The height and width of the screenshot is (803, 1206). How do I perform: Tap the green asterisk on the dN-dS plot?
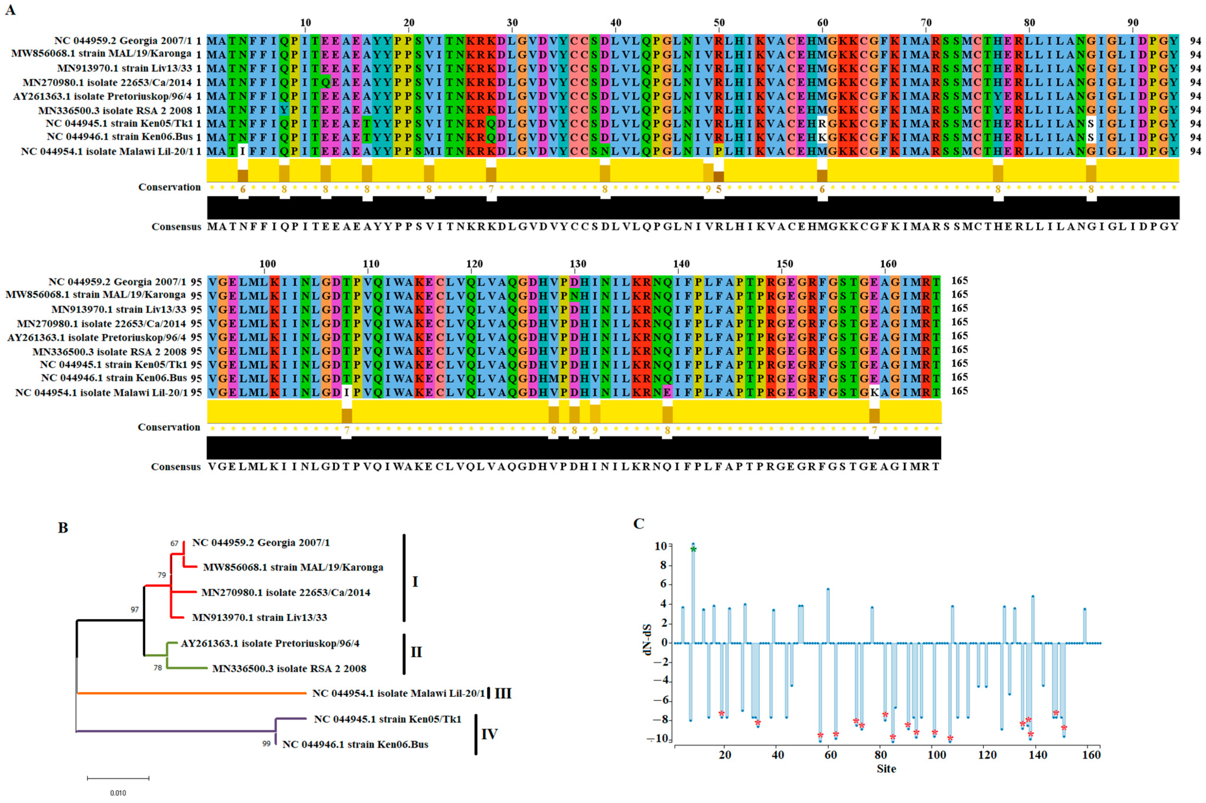point(693,550)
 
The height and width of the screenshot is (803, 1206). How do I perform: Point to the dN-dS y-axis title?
point(648,640)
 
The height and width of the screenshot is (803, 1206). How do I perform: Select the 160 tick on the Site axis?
point(1091,755)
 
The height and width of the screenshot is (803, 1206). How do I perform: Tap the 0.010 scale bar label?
point(118,793)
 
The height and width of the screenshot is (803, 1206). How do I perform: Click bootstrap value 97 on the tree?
point(135,609)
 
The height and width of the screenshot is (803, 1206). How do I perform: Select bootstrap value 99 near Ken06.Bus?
point(266,743)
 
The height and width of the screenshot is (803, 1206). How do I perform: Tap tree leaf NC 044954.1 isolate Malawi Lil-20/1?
point(398,693)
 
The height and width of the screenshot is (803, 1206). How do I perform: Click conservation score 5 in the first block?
point(719,189)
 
